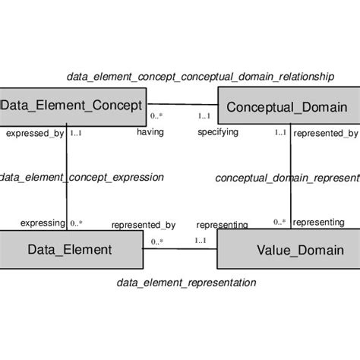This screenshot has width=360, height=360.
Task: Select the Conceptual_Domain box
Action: [288, 107]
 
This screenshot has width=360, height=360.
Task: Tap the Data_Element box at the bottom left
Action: [70, 249]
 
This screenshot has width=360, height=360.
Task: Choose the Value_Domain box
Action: [289, 249]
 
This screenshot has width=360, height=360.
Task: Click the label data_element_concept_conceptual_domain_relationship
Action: [200, 76]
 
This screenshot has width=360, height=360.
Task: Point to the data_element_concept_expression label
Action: [81, 177]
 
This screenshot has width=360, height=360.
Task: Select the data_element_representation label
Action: [186, 283]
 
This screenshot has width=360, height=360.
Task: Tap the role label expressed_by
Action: [35, 133]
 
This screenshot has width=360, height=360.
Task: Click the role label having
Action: [150, 132]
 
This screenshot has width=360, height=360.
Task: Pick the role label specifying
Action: [218, 132]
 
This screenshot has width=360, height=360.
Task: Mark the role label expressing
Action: [43, 223]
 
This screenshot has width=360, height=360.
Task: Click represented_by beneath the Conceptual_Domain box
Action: [325, 134]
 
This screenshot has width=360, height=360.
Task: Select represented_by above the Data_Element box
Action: [144, 225]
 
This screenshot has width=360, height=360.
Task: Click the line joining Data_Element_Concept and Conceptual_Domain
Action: [182, 103]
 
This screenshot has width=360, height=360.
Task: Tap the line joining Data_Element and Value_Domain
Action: [180, 249]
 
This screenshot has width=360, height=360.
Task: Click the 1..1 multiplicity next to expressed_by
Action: [76, 133]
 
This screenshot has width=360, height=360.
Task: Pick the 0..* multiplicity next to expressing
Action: [76, 223]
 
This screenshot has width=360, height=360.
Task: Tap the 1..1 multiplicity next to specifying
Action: [204, 116]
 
